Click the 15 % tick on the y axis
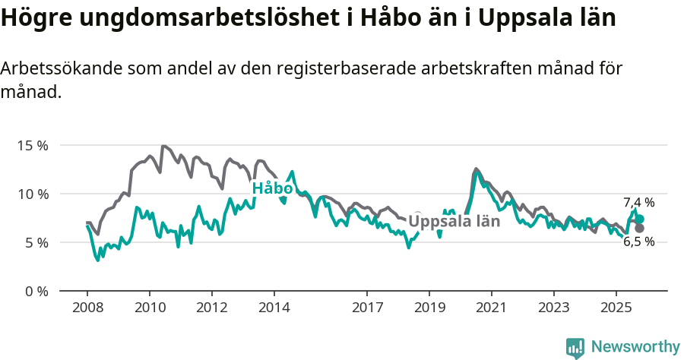point(32,145)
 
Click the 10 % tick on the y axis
point(32,194)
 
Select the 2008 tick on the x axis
point(87,308)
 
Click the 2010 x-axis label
point(150,308)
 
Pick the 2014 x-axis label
point(274,308)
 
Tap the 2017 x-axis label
point(367,308)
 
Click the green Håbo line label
point(272,188)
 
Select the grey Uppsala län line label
point(454,221)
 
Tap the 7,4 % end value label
point(638,202)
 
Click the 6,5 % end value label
point(638,242)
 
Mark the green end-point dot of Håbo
point(640,219)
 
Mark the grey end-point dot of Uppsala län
point(640,228)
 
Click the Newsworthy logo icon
point(575,347)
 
